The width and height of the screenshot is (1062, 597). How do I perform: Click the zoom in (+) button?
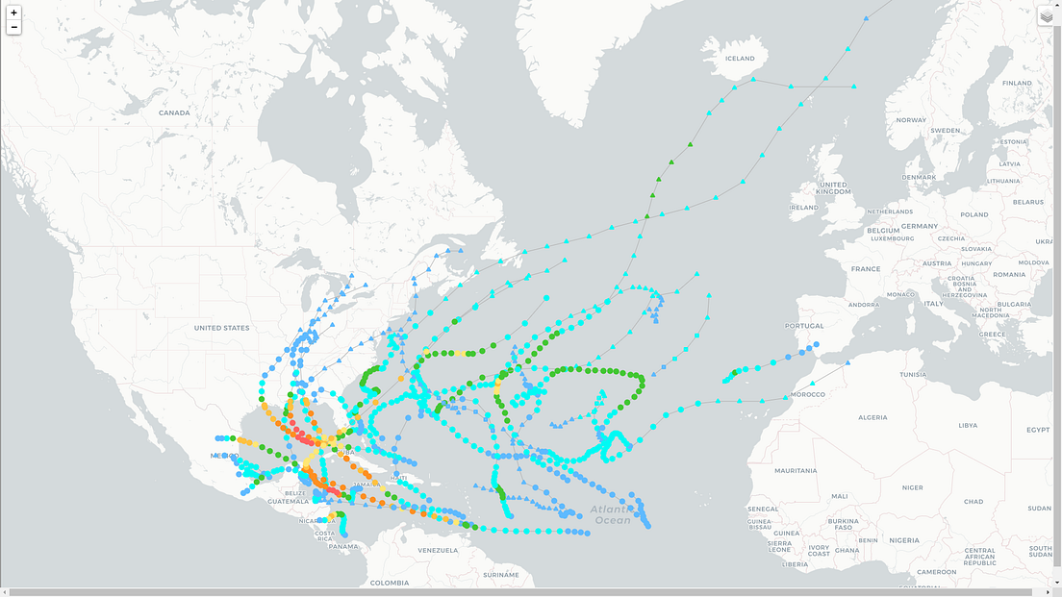click(x=13, y=12)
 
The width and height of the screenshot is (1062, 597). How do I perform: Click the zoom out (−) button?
click(x=13, y=28)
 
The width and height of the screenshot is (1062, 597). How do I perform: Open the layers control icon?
click(x=1047, y=15)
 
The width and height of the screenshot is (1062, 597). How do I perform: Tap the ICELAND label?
click(x=740, y=59)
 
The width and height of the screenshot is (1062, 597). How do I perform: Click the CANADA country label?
click(x=174, y=112)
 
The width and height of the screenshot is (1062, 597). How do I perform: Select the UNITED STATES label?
click(x=221, y=328)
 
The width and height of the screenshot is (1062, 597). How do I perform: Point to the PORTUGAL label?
click(x=804, y=326)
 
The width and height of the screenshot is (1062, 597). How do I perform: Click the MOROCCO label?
click(x=808, y=394)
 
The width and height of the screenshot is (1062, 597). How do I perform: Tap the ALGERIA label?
click(x=872, y=417)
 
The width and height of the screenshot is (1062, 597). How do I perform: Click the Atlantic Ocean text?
click(x=612, y=514)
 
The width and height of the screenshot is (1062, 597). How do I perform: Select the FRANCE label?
click(x=866, y=269)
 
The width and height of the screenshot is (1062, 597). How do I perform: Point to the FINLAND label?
click(x=1017, y=84)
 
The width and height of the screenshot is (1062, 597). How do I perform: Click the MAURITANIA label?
click(x=796, y=470)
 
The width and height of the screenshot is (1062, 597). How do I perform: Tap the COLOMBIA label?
click(x=390, y=583)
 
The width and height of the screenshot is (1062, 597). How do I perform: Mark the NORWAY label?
click(x=911, y=120)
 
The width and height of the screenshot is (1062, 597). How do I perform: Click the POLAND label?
click(x=973, y=215)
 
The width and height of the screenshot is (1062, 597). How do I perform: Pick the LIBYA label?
click(x=968, y=425)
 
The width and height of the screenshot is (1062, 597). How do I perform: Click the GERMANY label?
click(x=920, y=226)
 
